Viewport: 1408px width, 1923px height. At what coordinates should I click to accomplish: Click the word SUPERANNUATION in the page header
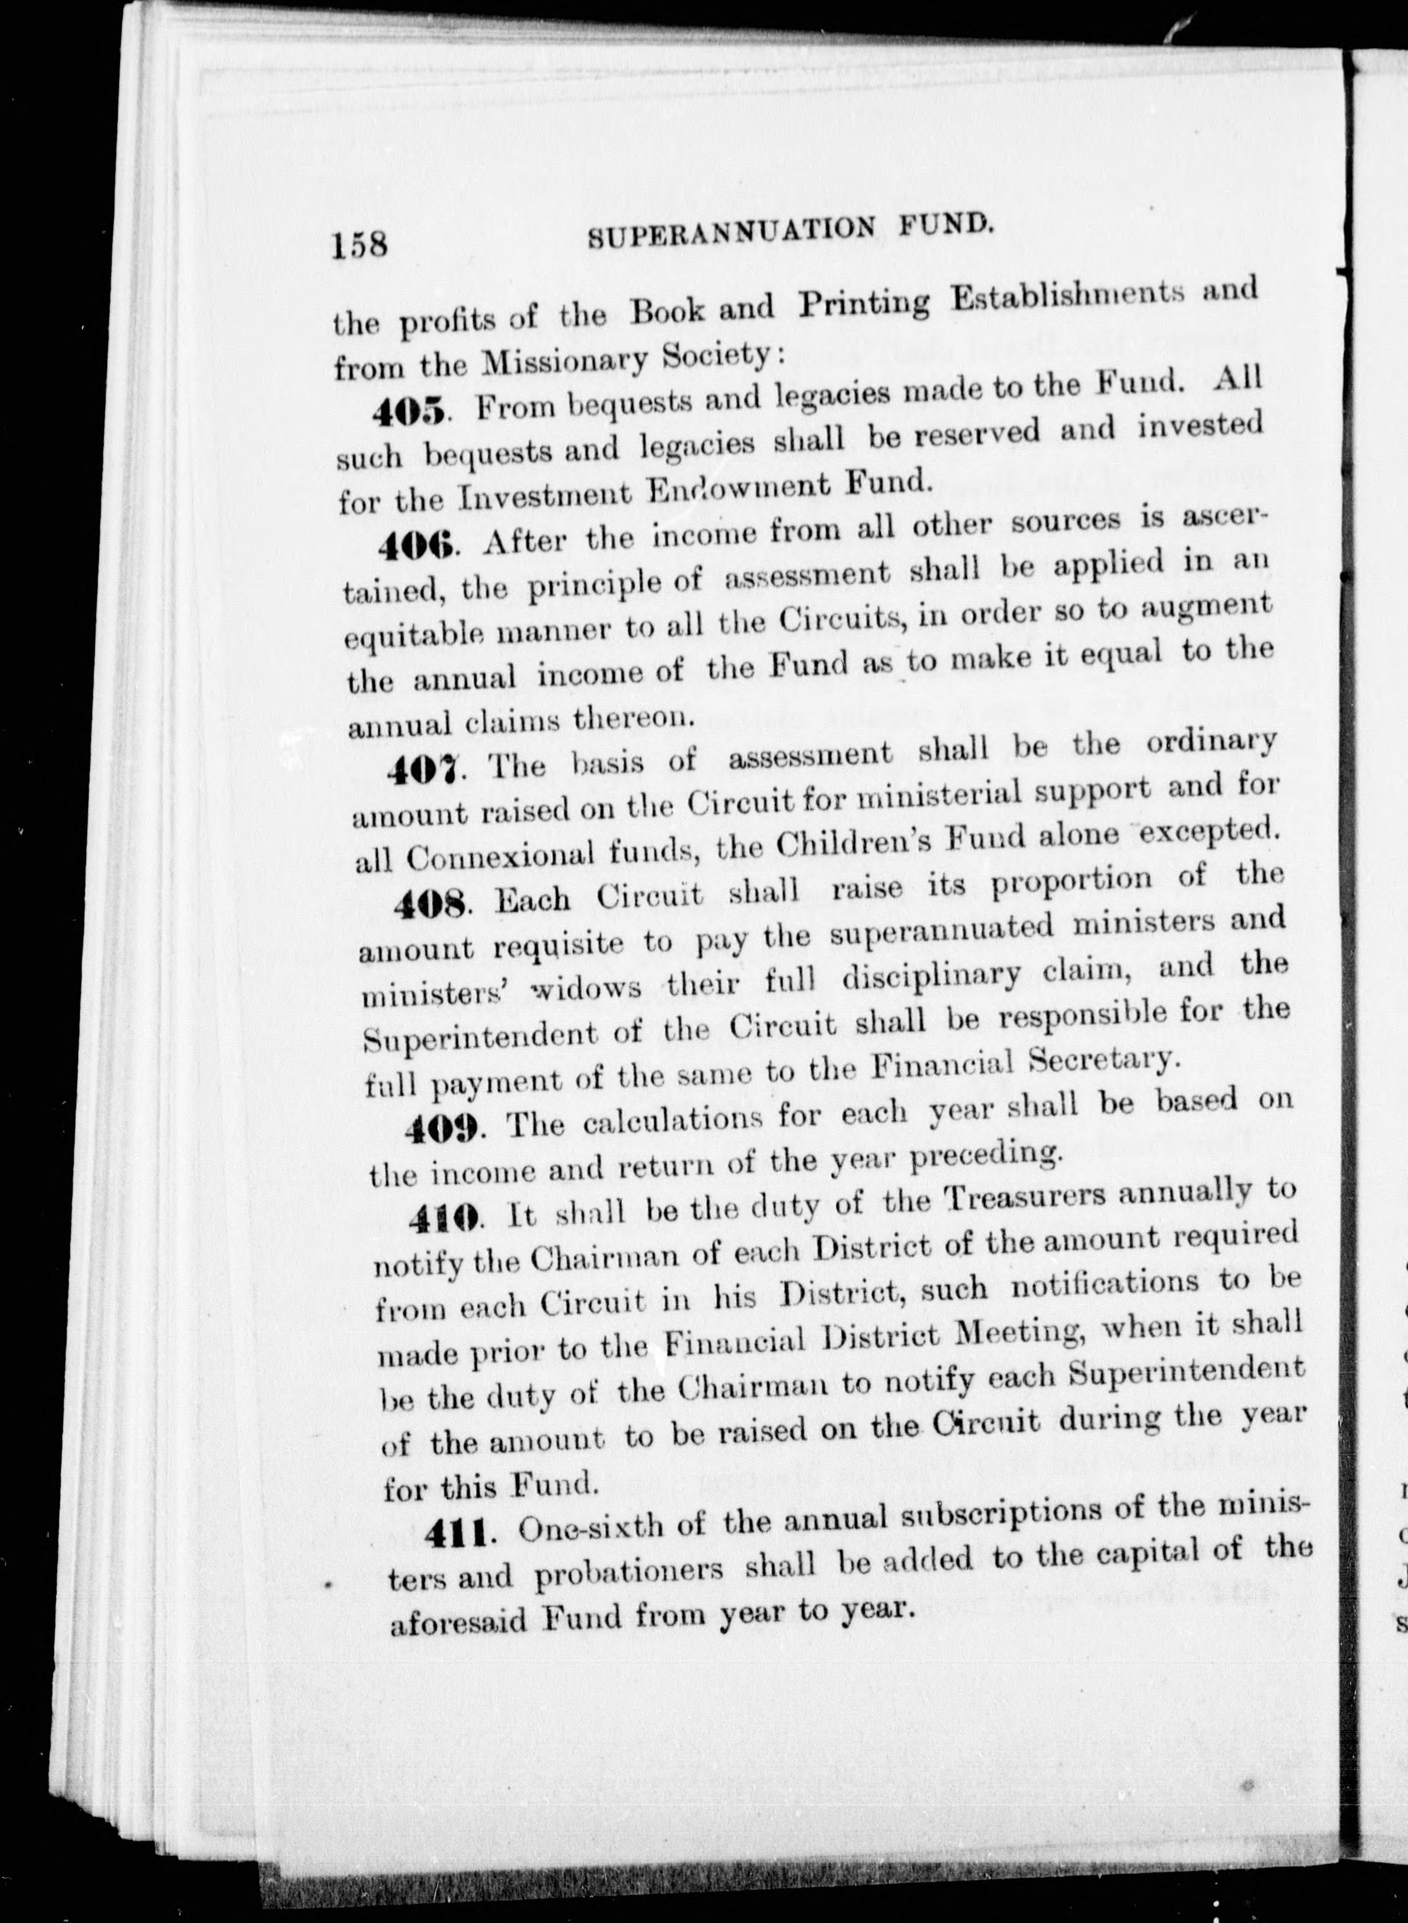point(731,232)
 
